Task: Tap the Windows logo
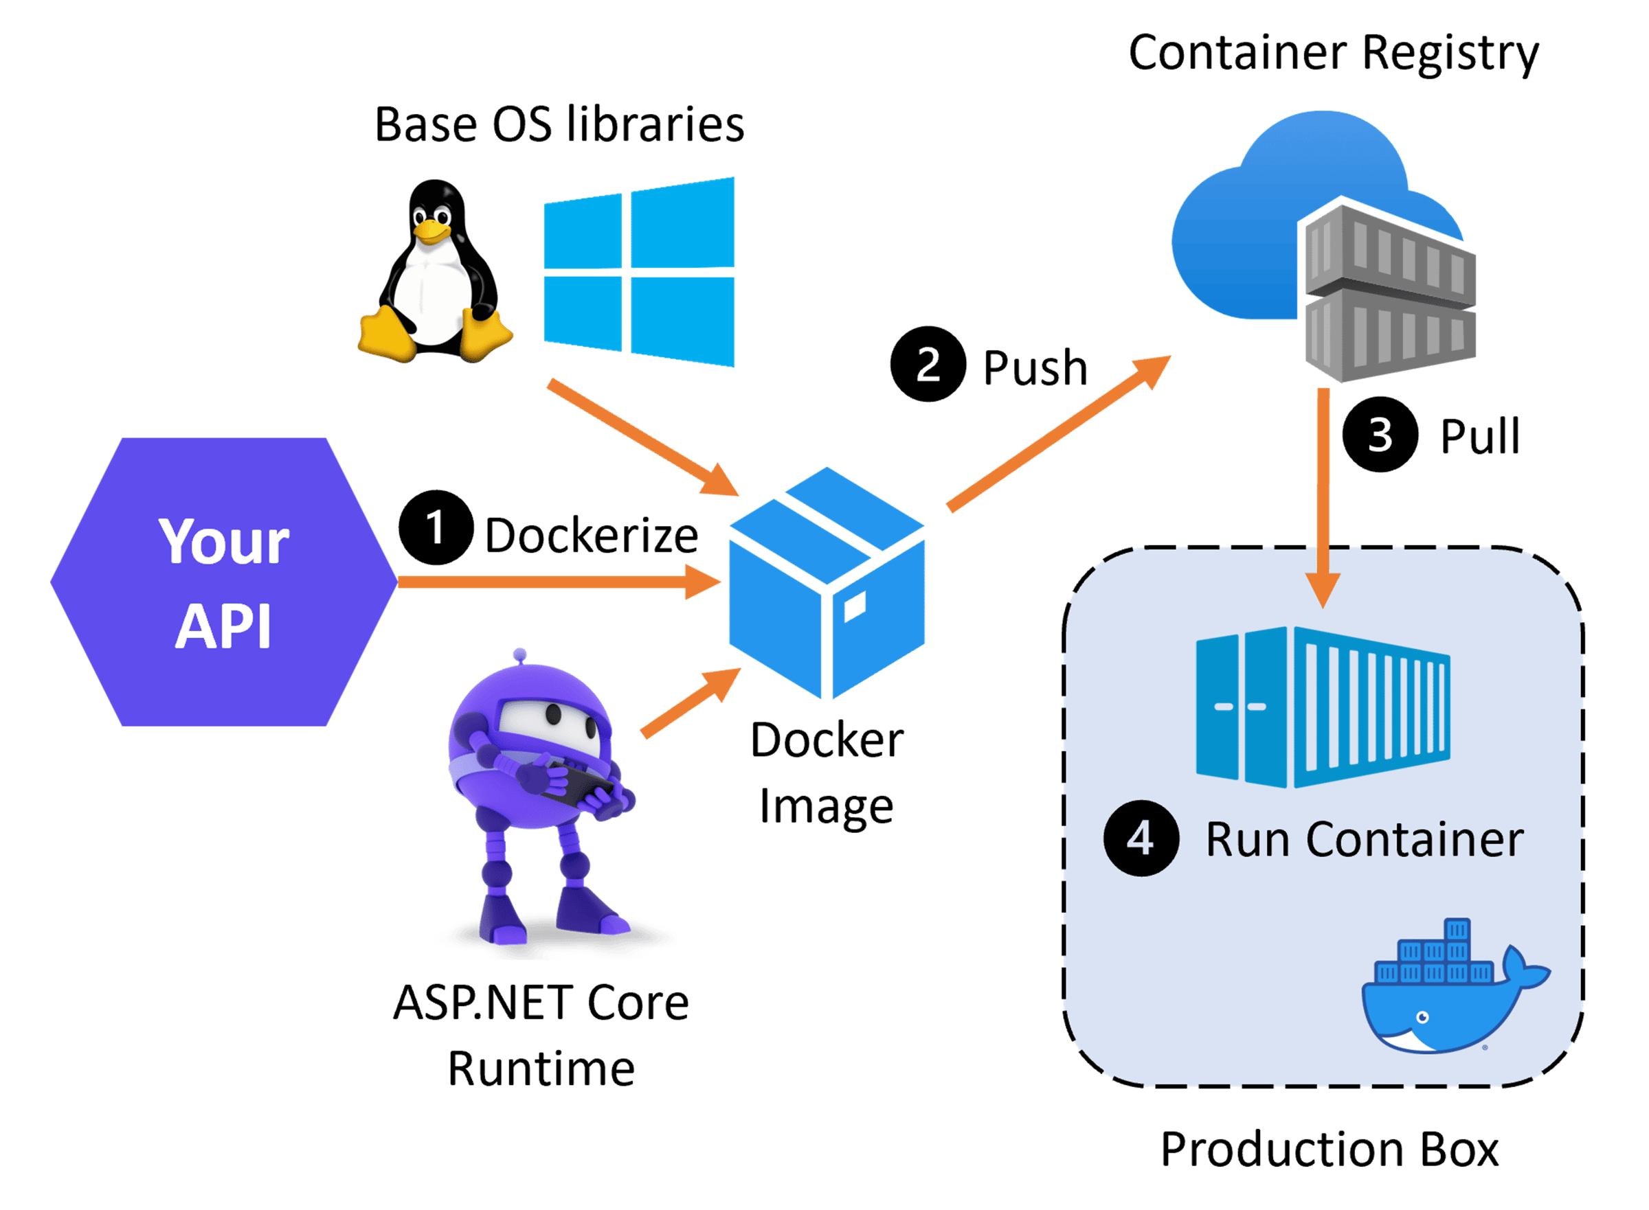click(x=639, y=271)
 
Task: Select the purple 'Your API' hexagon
click(x=223, y=582)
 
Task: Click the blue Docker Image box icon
click(x=827, y=583)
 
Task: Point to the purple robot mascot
click(x=542, y=799)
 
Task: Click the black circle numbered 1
click(x=436, y=527)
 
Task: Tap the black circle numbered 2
click(x=928, y=364)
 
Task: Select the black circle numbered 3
click(x=1380, y=434)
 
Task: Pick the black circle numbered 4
click(x=1141, y=838)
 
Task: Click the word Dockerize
click(x=592, y=536)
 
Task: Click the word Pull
click(x=1480, y=437)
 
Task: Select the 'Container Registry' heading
click(x=1333, y=54)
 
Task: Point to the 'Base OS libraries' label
click(x=559, y=124)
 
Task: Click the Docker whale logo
click(x=1455, y=986)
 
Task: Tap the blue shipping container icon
click(x=1323, y=707)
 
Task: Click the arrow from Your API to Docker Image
click(x=559, y=583)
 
